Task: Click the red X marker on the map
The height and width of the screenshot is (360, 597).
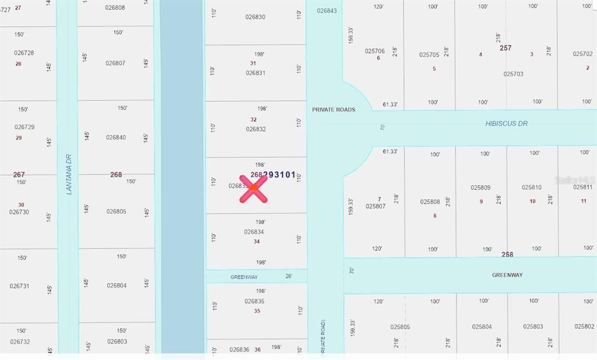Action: [x=254, y=188]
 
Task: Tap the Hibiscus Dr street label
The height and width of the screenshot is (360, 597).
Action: [x=506, y=123]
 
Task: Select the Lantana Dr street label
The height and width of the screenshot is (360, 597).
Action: [x=69, y=174]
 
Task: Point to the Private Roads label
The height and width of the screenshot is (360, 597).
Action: [x=333, y=110]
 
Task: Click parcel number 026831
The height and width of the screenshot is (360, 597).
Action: [x=255, y=73]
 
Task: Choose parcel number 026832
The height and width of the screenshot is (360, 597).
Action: [x=255, y=129]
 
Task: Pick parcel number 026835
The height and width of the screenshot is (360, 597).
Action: [x=254, y=301]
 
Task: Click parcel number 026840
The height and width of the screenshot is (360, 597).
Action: [x=116, y=137]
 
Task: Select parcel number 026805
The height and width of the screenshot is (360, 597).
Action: [x=116, y=211]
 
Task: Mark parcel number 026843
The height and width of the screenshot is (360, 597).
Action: [x=326, y=10]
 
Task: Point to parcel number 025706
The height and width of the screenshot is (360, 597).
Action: [x=375, y=51]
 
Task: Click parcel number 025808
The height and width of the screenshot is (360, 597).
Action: [x=430, y=202]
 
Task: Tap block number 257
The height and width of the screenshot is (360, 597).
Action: [x=505, y=48]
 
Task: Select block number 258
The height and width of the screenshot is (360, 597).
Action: [x=507, y=255]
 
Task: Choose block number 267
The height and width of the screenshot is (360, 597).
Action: [x=19, y=174]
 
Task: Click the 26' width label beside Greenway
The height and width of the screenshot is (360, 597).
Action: [x=288, y=277]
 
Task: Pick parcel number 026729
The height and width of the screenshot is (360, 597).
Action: [x=24, y=126]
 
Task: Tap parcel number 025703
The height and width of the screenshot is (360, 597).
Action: [x=513, y=74]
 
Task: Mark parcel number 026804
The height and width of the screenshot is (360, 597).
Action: [x=117, y=285]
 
